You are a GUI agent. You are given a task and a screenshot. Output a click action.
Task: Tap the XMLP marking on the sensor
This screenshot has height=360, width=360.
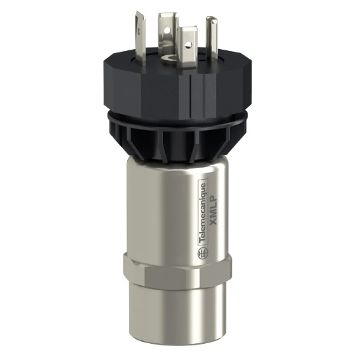click(x=215, y=202)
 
